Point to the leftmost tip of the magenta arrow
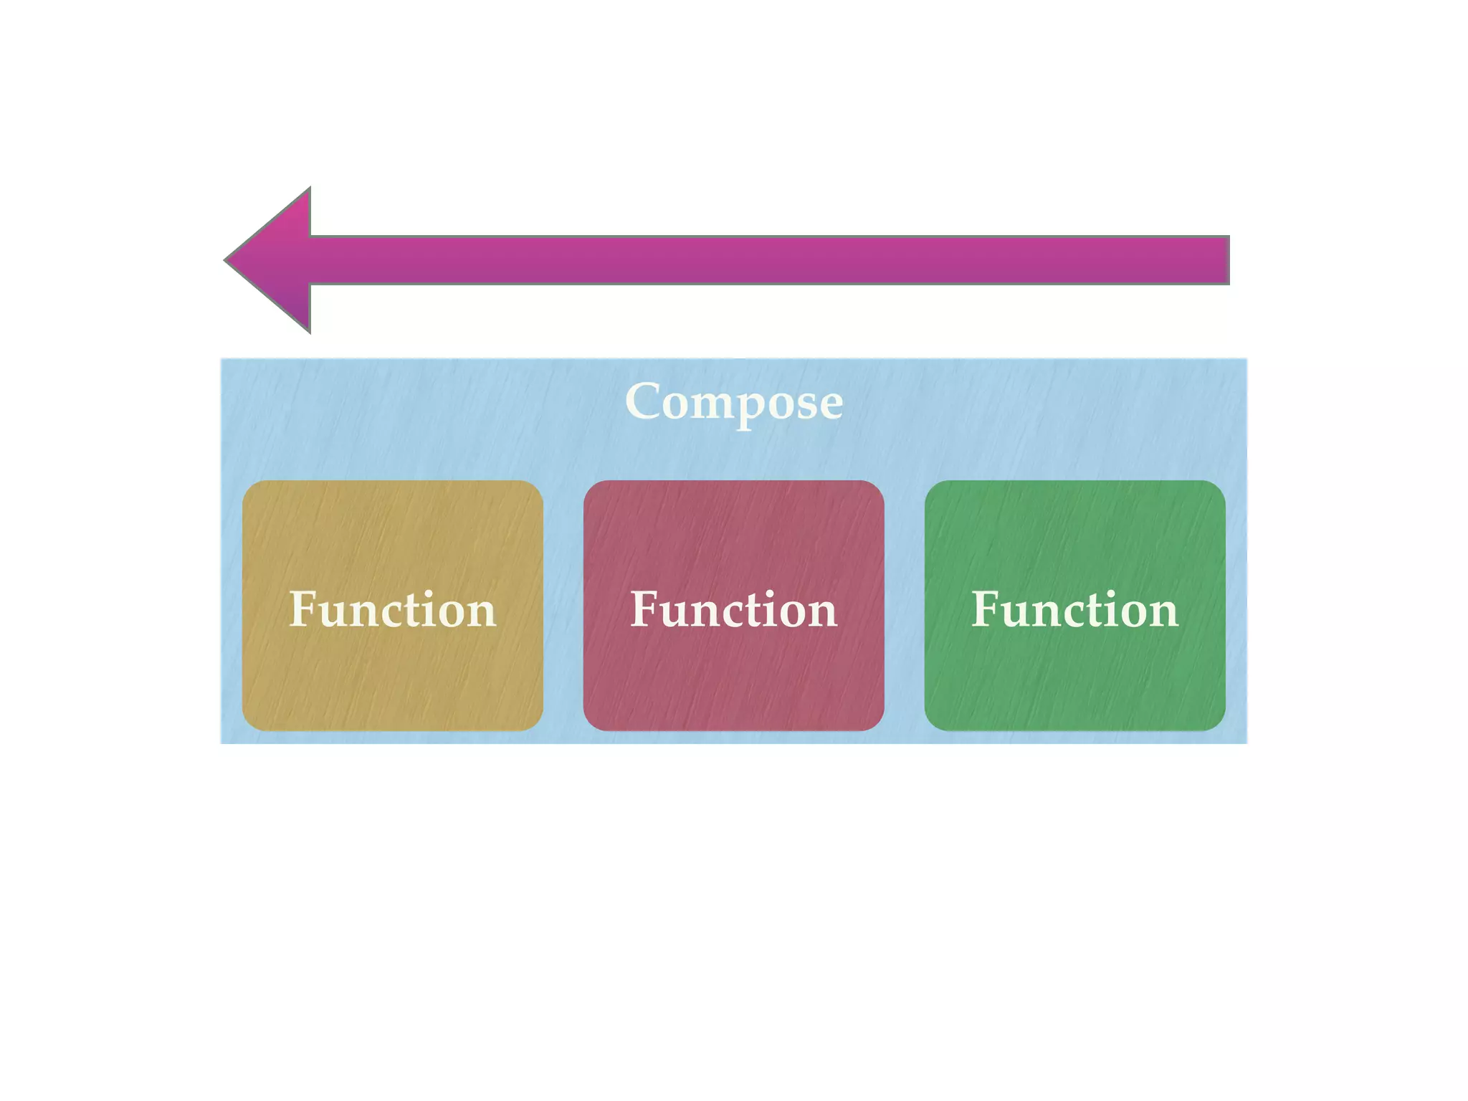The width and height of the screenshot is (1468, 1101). tap(227, 260)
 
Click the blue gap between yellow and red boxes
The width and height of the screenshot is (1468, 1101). tap(563, 606)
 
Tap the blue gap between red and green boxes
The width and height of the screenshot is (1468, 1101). tap(905, 606)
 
